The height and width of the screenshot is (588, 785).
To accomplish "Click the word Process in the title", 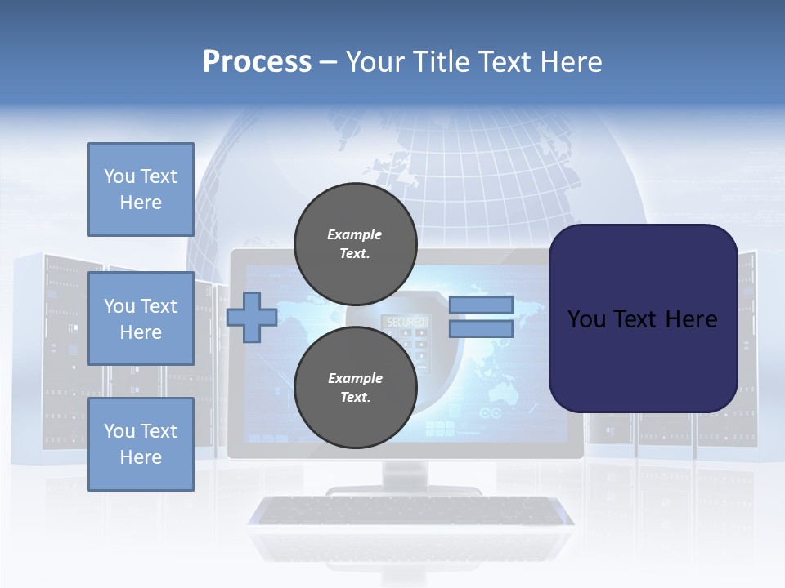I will pos(257,62).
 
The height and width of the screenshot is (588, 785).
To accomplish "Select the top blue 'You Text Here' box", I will pos(141,189).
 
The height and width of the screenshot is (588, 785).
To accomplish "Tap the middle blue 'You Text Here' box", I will pos(141,318).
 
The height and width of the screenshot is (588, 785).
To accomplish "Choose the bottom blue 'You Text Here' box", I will pos(141,443).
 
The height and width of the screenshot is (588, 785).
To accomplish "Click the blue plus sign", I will pos(252,317).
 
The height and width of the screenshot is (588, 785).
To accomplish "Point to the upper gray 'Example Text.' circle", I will pos(355,244).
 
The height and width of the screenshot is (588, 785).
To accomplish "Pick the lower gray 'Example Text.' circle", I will pos(355,388).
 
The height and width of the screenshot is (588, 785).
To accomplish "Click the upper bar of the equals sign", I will pos(481,305).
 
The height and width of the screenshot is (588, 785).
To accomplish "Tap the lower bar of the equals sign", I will pos(481,328).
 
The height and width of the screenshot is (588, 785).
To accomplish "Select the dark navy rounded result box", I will pos(643,318).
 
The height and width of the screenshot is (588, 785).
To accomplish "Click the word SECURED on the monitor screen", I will pos(406,323).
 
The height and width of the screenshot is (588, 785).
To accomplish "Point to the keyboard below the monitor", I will pos(411,510).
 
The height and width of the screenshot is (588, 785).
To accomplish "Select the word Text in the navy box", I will pos(643,318).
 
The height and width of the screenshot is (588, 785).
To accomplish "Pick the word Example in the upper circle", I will pos(355,234).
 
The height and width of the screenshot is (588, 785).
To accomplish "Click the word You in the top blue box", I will pos(119,176).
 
